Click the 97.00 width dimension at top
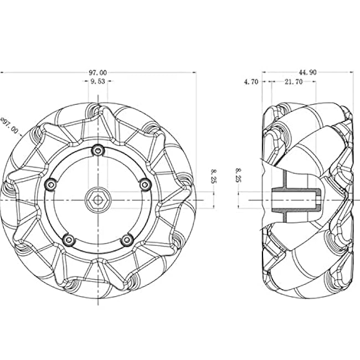[x=98, y=73]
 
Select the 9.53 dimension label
[x=98, y=81]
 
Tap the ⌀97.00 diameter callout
[x=9, y=126]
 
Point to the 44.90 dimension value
[x=307, y=73]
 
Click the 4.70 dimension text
[x=251, y=82]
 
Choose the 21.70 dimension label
[x=294, y=82]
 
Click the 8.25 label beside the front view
[x=214, y=176]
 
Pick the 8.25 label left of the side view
[x=239, y=175]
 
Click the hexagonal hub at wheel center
[x=98, y=200]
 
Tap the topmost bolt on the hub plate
[x=98, y=151]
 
